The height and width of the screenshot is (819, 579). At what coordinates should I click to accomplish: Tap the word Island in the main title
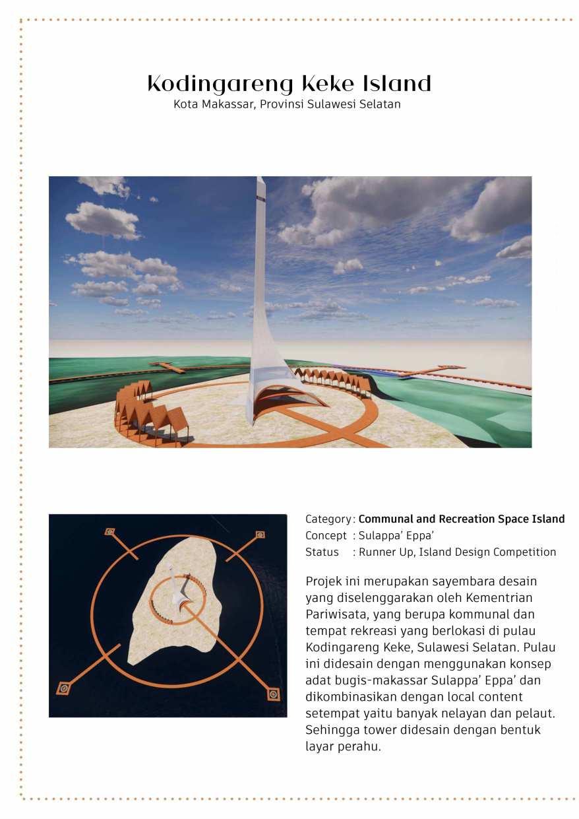pos(397,84)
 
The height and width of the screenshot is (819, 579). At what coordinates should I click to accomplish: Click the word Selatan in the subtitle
pos(379,104)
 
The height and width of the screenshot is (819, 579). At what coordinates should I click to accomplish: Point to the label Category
pos(328,519)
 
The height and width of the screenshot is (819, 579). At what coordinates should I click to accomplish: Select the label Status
pos(322,552)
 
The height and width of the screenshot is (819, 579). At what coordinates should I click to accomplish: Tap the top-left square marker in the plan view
pos(109,531)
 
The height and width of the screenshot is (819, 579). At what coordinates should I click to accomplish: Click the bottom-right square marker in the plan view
pos(273,694)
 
